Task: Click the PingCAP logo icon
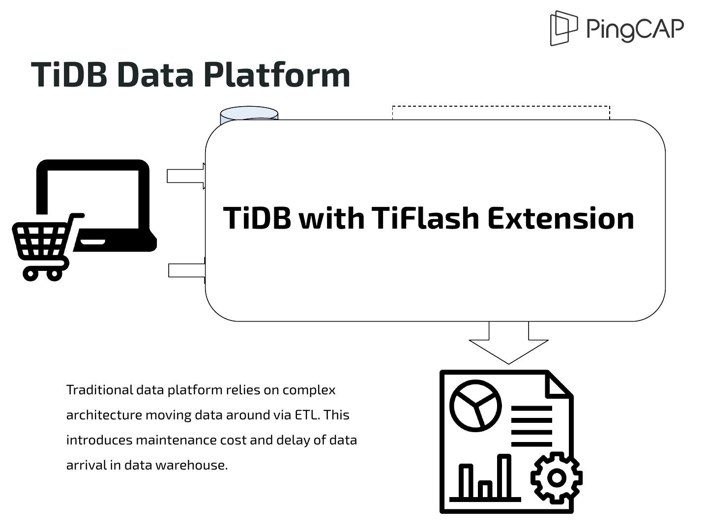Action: click(x=563, y=28)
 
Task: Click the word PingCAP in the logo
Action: click(x=635, y=29)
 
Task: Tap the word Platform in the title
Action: click(x=276, y=75)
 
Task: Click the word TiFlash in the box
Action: click(x=425, y=218)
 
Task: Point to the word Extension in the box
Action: click(x=560, y=218)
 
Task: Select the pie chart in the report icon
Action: click(x=475, y=406)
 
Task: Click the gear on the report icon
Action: click(x=557, y=477)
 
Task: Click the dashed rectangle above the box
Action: click(x=501, y=112)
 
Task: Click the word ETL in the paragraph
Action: click(x=307, y=415)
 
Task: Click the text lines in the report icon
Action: click(x=531, y=426)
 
